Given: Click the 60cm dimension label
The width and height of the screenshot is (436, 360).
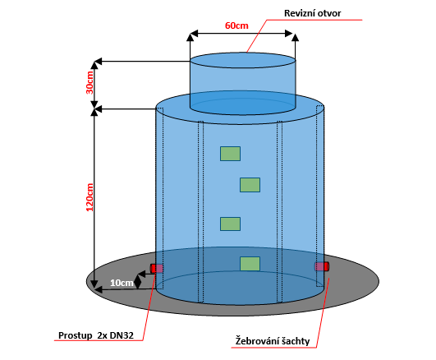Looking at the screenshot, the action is [236, 25].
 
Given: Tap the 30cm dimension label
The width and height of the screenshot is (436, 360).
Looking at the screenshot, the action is [89, 83].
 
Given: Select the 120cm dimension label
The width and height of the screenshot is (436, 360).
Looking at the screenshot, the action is [89, 197].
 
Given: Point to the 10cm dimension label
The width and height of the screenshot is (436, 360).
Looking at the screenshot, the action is [122, 283].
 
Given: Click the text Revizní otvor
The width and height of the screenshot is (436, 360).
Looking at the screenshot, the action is [312, 13].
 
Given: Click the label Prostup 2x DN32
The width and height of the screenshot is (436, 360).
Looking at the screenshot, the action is [96, 335].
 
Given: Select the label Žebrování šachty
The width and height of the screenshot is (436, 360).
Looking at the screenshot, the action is [273, 341].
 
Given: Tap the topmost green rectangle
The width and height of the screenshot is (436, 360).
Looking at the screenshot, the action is [230, 154].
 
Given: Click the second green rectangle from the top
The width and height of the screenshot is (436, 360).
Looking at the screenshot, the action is [250, 185].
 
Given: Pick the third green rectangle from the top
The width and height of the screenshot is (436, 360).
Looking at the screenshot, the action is [230, 224].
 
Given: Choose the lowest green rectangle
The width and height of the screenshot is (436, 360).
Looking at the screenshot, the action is [250, 264].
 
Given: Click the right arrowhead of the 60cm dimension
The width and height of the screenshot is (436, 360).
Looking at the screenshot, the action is [289, 34].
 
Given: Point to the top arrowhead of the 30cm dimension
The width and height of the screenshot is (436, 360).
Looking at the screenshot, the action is [94, 65].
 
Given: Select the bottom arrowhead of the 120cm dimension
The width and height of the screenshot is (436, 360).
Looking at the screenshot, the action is [94, 284].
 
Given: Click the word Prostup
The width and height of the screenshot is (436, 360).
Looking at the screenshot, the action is [75, 335].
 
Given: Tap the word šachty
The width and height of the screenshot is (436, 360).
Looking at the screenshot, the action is [296, 341].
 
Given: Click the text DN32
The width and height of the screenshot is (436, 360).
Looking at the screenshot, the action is [122, 335].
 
